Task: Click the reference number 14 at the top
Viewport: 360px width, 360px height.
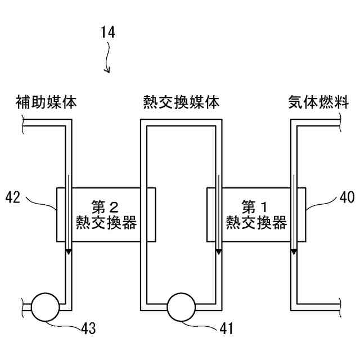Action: [108, 33]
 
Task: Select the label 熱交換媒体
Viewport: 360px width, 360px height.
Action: [181, 102]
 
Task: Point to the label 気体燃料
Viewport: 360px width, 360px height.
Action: [310, 102]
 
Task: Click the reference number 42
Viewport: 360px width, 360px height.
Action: [13, 197]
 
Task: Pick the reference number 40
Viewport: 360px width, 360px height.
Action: [346, 197]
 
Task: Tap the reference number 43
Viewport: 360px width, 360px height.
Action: [88, 326]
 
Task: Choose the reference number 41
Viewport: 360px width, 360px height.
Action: [228, 326]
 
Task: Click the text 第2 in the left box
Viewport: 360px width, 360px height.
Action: [106, 205]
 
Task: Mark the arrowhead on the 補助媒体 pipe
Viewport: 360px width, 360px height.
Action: [67, 251]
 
